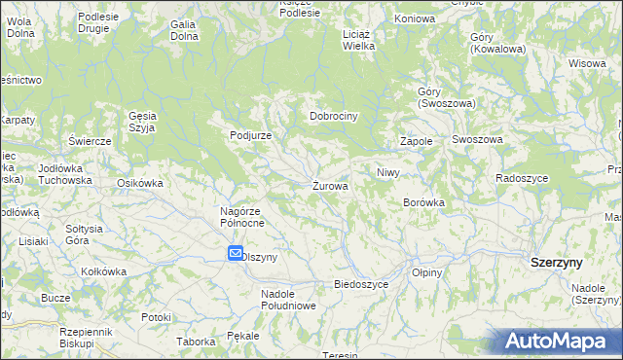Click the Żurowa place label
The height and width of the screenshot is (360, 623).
coord(331,186)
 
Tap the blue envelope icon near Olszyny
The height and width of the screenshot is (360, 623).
coord(236,254)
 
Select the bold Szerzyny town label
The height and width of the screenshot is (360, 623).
coord(556,263)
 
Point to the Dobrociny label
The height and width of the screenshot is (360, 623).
coord(334,116)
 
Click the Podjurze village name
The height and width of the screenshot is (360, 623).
coord(250,135)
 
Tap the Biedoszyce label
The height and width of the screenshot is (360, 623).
coord(361,284)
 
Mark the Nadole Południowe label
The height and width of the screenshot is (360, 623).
coord(289,299)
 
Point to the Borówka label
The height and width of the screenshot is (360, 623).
coord(423,202)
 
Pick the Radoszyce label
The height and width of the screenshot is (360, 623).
coord(522,178)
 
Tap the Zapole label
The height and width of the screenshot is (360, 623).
coord(416,142)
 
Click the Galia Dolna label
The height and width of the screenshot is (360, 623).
coord(184,29)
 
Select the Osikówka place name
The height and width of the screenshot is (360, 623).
coord(138,182)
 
